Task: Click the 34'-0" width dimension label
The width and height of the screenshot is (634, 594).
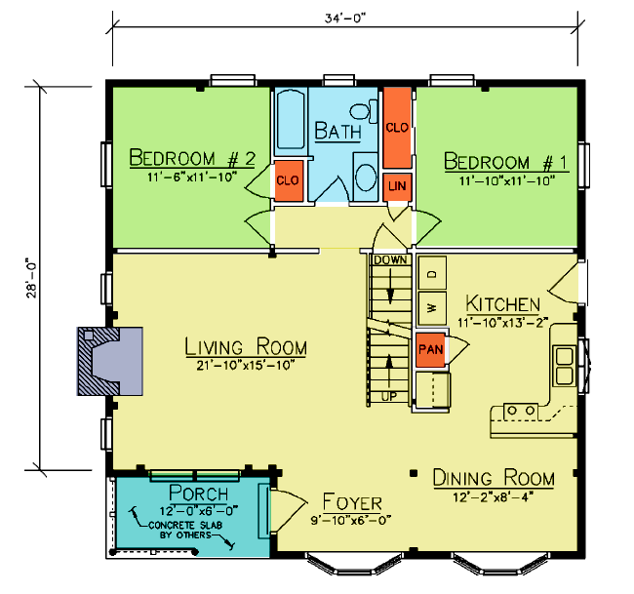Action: click(x=345, y=19)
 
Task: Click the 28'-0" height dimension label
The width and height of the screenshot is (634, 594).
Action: click(x=31, y=278)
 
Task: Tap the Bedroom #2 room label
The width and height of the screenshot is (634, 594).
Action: click(x=192, y=158)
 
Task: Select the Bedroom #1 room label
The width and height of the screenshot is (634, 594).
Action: click(x=506, y=162)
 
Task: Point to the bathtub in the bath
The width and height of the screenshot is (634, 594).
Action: click(x=291, y=120)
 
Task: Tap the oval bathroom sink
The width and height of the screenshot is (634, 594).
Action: click(x=366, y=177)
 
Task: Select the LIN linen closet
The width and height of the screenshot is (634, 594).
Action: click(x=397, y=187)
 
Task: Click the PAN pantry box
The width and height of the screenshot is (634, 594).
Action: click(x=430, y=350)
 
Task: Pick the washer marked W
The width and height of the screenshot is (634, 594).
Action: click(x=432, y=308)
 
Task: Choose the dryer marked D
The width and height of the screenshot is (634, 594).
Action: click(x=432, y=273)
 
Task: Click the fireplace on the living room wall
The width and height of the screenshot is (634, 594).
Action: click(x=110, y=361)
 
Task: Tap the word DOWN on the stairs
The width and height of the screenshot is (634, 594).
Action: click(x=390, y=260)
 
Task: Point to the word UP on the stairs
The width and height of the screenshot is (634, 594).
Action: click(x=389, y=397)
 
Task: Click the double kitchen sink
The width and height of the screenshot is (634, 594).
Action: click(x=564, y=366)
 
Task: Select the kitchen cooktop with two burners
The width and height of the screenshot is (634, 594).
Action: click(x=521, y=412)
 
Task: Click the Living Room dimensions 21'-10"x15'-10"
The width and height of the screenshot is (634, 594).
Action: click(x=246, y=366)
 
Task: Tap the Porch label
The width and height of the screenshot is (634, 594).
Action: click(x=199, y=493)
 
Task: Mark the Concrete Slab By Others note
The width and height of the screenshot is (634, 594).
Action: click(x=185, y=530)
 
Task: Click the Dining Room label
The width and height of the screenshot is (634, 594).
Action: click(x=494, y=478)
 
